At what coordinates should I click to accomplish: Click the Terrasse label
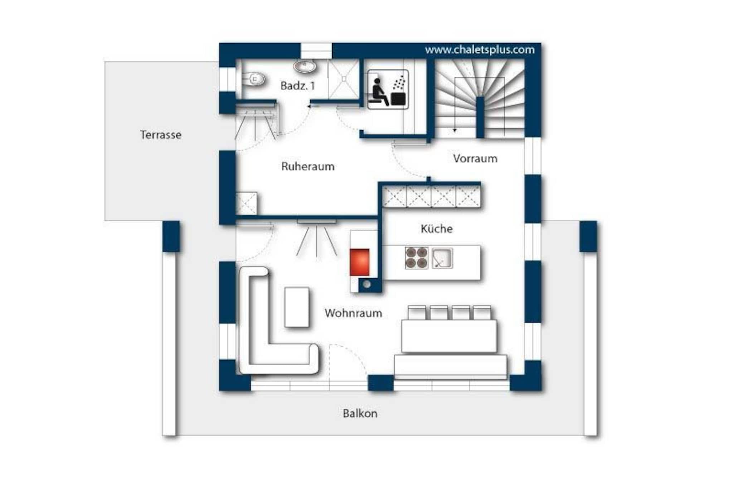tap(161, 135)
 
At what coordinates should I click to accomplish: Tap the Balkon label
tap(360, 413)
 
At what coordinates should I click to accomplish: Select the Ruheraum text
tap(308, 166)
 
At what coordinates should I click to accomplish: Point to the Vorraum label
tap(475, 158)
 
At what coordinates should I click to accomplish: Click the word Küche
tap(436, 229)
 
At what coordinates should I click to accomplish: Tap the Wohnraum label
tap(353, 313)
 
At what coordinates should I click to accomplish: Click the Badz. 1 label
tap(297, 86)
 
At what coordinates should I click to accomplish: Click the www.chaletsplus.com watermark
tap(480, 50)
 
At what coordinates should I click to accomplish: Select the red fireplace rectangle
tap(359, 262)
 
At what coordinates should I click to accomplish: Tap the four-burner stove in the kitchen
tap(417, 258)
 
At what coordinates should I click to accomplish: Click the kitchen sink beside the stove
tap(442, 258)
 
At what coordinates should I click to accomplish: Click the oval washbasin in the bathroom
tap(305, 66)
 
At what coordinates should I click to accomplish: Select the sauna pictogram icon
tap(388, 89)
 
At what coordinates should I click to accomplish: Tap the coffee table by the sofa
tap(297, 307)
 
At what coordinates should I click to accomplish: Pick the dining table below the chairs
tap(449, 336)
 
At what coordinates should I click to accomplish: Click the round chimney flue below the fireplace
tap(367, 284)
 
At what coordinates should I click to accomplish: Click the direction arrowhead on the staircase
tap(455, 130)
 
